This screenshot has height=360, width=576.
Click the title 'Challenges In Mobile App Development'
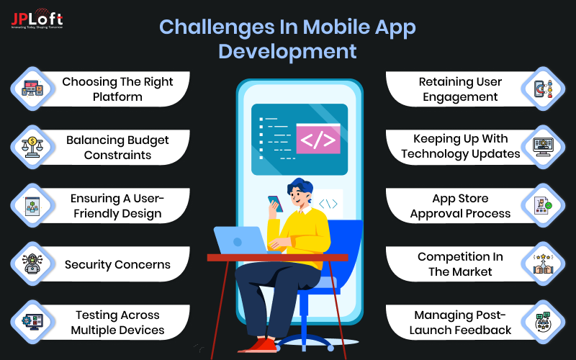pos(287,39)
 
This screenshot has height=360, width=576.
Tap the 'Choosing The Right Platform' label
pos(117,89)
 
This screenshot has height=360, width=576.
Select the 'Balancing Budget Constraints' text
pos(117,147)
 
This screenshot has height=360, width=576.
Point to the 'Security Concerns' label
pos(117,264)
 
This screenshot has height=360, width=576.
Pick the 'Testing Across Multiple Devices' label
pos(117,323)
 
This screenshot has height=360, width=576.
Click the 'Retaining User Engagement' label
pos(460,89)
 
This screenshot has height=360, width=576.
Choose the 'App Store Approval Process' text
pos(460,205)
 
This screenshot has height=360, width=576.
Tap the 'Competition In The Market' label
pos(460,264)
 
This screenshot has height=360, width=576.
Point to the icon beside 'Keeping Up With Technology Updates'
pos(543,147)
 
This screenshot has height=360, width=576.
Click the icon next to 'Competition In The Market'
pos(543,264)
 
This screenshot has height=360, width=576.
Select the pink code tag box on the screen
pos(318,140)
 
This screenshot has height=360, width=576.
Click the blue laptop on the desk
pos(241,240)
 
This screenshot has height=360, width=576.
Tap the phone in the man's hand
pos(275,204)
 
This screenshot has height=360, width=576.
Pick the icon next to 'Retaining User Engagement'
pos(543,89)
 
